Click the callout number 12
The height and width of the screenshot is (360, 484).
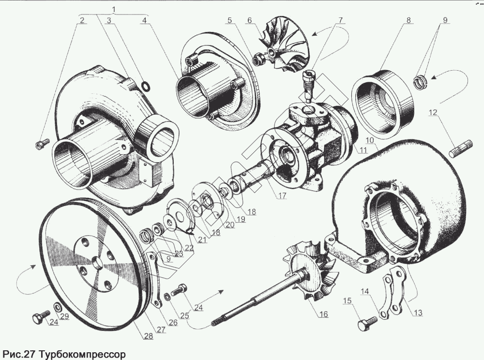point(433,113)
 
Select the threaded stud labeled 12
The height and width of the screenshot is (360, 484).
point(464,148)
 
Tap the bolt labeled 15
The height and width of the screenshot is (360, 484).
point(366,323)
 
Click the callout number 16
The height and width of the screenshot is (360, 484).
point(322,314)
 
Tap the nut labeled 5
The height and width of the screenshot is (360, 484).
point(258,59)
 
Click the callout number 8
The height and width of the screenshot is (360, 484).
point(408,21)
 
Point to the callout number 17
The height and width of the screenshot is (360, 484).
point(281,195)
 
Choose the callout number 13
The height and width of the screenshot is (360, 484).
point(417,313)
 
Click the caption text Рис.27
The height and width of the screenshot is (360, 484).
point(19,354)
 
